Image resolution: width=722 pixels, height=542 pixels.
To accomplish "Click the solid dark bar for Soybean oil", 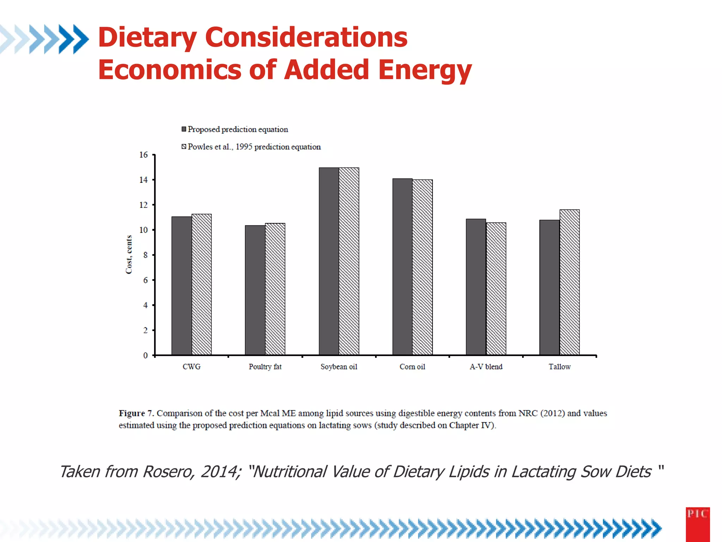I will [x=329, y=261].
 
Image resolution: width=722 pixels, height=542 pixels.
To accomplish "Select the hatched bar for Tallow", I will [x=569, y=282].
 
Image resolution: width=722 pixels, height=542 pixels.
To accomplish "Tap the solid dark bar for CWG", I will [x=182, y=286].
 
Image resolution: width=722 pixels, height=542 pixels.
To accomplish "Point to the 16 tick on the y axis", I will [x=143, y=155].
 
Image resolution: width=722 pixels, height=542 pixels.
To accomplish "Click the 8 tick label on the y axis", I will [x=145, y=255].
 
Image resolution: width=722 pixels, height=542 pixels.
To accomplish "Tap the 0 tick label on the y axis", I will [x=145, y=355].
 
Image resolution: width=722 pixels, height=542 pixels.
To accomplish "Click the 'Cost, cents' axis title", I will [x=129, y=254].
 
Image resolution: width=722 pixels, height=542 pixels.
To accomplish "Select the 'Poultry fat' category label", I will [x=265, y=367].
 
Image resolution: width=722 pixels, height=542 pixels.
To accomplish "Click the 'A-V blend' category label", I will [x=486, y=367].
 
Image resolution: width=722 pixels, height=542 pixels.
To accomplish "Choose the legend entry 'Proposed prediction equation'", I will [x=238, y=129].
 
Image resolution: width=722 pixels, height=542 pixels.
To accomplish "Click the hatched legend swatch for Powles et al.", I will [x=184, y=146].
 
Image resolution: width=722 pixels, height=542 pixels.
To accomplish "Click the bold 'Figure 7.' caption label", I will [x=136, y=413].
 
